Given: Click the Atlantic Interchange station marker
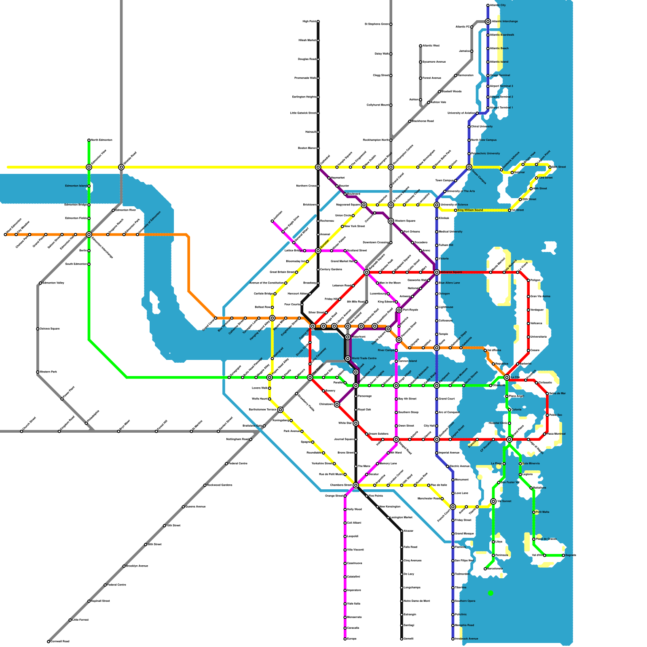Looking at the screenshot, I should [488, 21].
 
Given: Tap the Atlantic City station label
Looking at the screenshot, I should [498, 5].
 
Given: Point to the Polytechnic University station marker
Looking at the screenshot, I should [469, 154].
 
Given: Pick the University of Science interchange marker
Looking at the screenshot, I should [437, 205].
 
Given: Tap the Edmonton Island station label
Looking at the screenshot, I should [76, 186].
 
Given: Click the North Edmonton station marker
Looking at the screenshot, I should [89, 140].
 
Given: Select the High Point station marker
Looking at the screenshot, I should [318, 21].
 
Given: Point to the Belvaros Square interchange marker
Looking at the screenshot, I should [437, 273].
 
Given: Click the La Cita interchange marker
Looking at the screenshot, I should [507, 377].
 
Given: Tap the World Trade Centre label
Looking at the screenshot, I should [364, 358].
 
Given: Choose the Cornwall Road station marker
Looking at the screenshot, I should [49, 641].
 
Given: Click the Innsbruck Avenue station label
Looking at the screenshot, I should [466, 639].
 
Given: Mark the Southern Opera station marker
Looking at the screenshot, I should [453, 601].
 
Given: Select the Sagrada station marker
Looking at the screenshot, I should [563, 556].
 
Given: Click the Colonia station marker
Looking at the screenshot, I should [510, 410].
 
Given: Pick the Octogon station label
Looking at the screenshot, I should [444, 294].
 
